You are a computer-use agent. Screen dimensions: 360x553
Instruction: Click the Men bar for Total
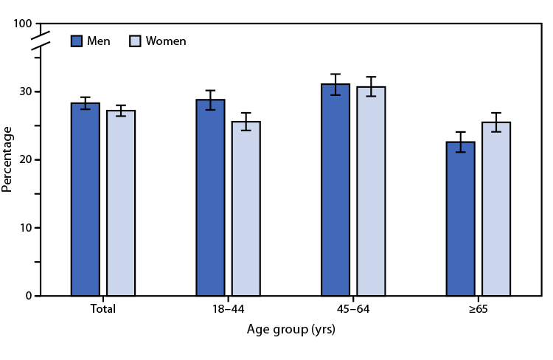(85, 199)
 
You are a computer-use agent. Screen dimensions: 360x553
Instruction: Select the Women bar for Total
(121, 203)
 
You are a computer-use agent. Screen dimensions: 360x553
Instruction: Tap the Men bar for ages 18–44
(210, 198)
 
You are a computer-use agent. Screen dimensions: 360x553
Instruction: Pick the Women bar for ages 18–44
(246, 209)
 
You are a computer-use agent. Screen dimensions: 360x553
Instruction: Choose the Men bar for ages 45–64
(335, 190)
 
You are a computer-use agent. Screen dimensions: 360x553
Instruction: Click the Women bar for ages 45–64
(371, 191)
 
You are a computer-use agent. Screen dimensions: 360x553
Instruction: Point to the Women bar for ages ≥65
(496, 209)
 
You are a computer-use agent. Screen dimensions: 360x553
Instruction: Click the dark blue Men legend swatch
(77, 41)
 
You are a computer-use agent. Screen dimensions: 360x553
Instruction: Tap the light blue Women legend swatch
(135, 41)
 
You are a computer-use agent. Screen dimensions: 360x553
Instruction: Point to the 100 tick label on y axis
(23, 24)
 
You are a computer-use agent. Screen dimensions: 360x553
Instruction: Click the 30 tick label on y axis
(26, 91)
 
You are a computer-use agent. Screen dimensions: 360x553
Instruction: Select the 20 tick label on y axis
(26, 159)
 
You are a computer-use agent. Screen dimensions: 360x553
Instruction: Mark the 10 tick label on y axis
(26, 228)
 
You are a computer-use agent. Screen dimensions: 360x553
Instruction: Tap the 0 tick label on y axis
(29, 296)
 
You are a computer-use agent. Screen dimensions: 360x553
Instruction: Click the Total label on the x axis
(102, 309)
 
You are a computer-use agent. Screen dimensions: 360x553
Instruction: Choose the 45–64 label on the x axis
(353, 309)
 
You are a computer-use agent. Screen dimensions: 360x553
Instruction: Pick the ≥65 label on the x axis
(478, 309)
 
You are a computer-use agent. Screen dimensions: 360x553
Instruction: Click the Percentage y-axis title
(7, 159)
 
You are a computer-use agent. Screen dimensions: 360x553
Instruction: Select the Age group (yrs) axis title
(291, 330)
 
